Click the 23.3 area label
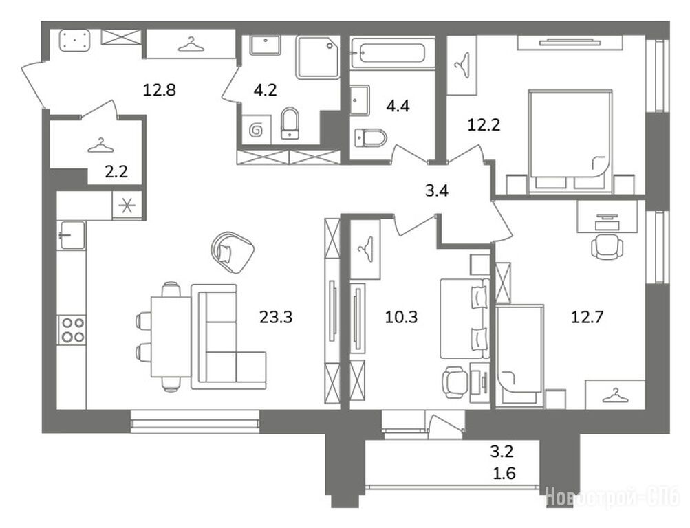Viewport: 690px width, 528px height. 276,316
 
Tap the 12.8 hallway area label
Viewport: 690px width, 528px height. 160,89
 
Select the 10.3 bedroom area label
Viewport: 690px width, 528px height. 401,316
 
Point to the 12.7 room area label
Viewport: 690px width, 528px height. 587,316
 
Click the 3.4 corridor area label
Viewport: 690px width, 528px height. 437,191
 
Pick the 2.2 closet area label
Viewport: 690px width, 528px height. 116,171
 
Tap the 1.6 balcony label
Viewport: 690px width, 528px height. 504,474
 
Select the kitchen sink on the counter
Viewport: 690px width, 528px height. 72,235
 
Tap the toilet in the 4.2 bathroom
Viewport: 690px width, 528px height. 289,123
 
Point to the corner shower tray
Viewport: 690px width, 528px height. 318,57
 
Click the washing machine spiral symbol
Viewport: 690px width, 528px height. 256,130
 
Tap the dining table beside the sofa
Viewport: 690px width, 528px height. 171,337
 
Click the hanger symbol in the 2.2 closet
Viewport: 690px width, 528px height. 100,146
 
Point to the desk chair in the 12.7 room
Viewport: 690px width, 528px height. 607,246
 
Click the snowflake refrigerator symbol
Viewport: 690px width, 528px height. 127,206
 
